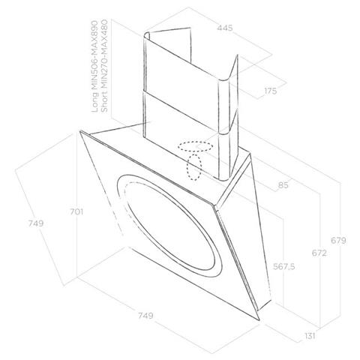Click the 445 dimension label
(225, 28)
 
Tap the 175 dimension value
(271, 91)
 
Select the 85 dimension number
(283, 185)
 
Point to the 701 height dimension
(76, 211)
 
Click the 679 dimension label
(338, 241)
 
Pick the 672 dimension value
(319, 253)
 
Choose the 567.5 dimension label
(284, 267)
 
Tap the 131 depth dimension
(310, 336)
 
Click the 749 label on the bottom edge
(145, 316)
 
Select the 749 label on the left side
(36, 223)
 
